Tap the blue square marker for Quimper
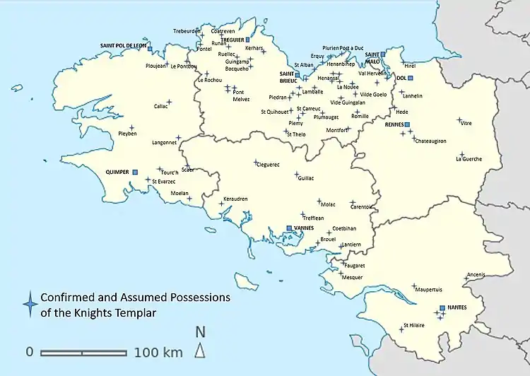click(x=135, y=171)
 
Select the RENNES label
click(x=394, y=124)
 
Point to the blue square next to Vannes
click(x=289, y=228)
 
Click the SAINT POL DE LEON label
click(x=123, y=46)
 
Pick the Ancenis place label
click(x=477, y=275)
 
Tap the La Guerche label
click(x=469, y=159)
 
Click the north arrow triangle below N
click(x=200, y=350)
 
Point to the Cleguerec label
click(x=267, y=165)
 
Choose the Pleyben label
click(x=128, y=134)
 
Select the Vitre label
click(x=466, y=123)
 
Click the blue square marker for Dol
click(x=409, y=78)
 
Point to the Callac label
click(x=160, y=107)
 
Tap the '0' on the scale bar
click(x=30, y=352)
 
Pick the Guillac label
click(x=306, y=179)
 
